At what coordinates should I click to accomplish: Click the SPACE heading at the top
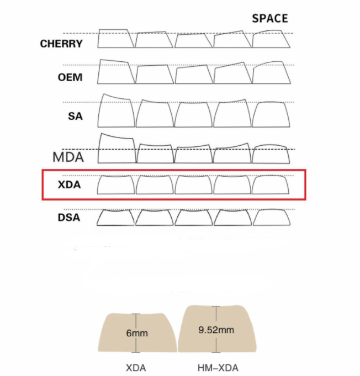(270, 18)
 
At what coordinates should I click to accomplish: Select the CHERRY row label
(61, 44)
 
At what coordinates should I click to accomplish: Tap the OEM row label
(70, 77)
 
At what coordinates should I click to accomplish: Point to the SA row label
(75, 116)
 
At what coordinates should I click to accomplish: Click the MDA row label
(68, 157)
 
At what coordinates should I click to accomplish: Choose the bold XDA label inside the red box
(70, 184)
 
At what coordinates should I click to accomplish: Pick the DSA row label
(69, 218)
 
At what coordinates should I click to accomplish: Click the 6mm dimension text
(137, 333)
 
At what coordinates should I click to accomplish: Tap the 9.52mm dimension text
(216, 330)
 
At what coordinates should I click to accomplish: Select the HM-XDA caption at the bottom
(218, 368)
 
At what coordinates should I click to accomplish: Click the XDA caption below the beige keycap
(136, 368)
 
